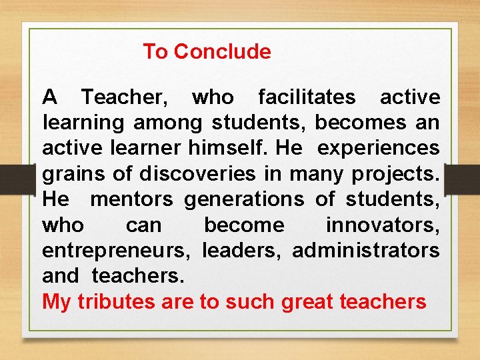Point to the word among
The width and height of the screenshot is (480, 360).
point(170,123)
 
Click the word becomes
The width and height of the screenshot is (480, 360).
point(360,123)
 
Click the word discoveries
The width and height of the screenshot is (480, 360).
point(197,174)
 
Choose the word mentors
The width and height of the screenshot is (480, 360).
point(131,199)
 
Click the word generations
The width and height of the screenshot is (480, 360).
point(244,200)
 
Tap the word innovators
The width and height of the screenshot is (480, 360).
point(383,225)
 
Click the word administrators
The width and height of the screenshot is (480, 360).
point(366,251)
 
